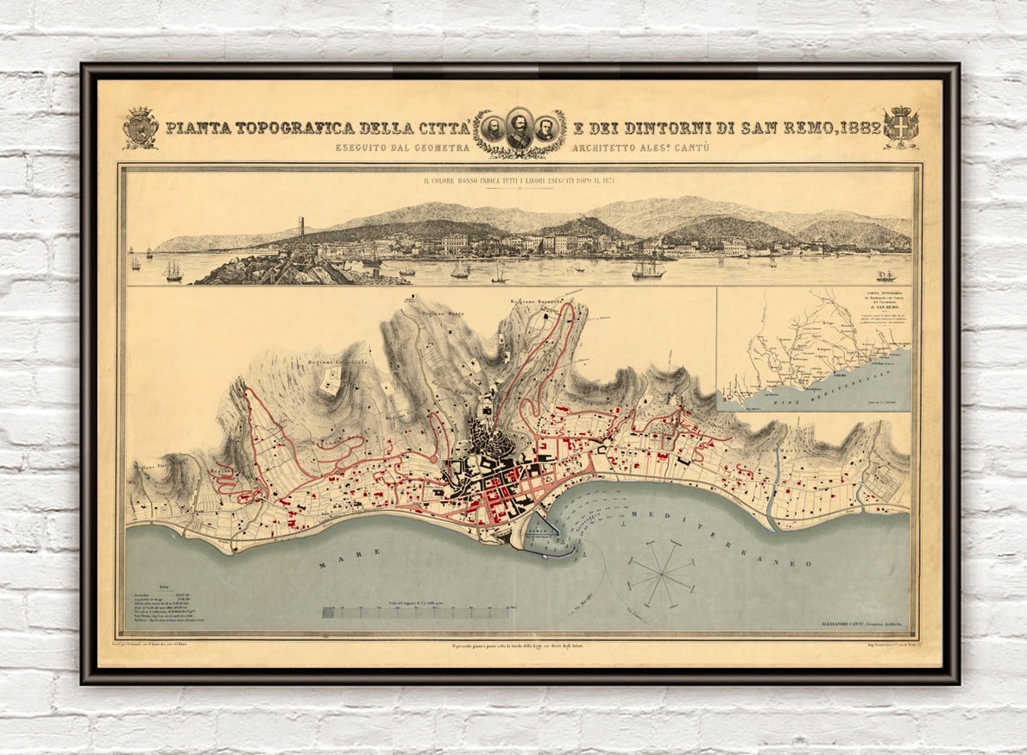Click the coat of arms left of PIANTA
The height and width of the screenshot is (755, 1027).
pos(140,128)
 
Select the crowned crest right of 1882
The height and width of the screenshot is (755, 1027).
pos(901,128)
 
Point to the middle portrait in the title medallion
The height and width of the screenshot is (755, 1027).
pos(519,129)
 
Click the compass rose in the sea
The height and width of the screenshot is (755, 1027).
pos(661,570)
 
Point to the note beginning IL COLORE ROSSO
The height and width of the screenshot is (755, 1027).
pos(519,182)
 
